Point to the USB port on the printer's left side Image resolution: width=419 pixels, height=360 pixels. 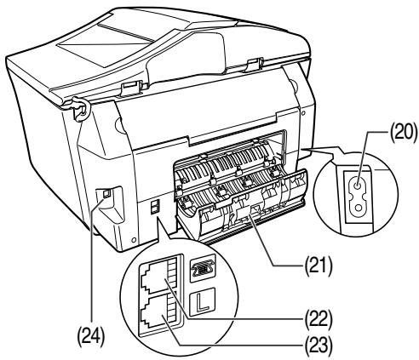coord(106,194)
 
